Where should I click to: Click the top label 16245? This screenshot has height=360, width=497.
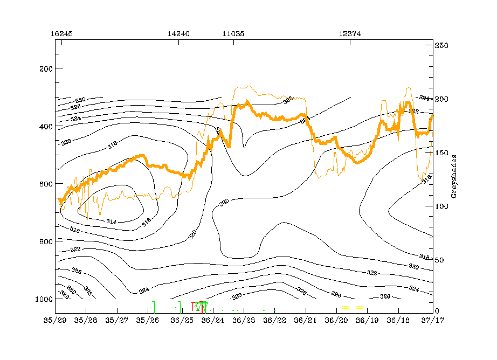tap(61, 33)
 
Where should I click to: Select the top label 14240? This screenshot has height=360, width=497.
tap(178, 33)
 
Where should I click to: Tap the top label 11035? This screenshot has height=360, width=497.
tap(233, 33)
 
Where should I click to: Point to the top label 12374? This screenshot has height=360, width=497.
tap(350, 33)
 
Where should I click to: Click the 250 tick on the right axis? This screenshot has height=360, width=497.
tap(442, 46)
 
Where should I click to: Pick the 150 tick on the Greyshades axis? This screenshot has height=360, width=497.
tap(442, 153)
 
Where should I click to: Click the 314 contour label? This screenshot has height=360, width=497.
tap(112, 221)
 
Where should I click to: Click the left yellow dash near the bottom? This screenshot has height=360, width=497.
tap(346, 307)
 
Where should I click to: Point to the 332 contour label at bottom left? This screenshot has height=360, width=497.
tap(65, 295)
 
